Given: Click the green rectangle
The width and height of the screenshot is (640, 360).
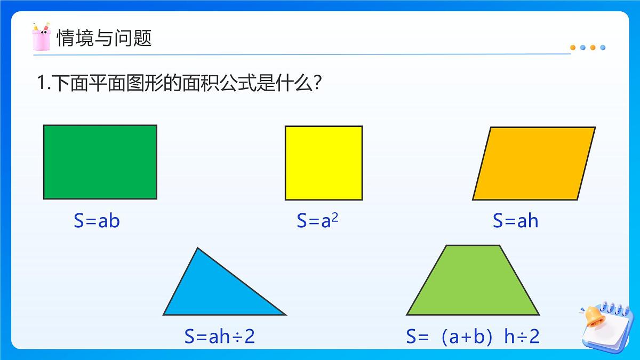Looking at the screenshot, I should pos(100,162).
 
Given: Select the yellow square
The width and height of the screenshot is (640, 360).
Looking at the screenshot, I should pos(324,163).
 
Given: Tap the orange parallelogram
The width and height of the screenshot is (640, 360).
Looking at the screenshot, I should pos(534,163).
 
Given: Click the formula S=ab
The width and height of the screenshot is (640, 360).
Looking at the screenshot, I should pos(97,221).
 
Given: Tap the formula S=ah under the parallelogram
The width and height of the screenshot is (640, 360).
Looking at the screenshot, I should pos(515,221).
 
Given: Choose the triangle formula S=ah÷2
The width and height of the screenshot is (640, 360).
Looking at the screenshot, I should pos(220,337).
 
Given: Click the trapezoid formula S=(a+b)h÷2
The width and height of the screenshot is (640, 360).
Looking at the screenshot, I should pos(473,337).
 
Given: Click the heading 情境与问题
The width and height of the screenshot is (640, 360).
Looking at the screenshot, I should pos(105,38).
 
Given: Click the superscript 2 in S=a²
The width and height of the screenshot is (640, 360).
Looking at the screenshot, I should pos(335,217).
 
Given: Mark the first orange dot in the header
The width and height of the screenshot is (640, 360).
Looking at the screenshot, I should pos(573,47).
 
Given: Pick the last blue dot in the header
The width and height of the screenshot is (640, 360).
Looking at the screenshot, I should pos(603,47).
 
